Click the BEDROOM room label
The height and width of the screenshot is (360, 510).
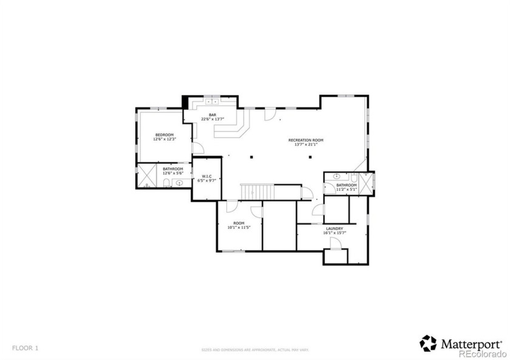[164, 135]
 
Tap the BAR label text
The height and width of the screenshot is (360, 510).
[212, 114]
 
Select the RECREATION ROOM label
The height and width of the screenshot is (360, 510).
[305, 140]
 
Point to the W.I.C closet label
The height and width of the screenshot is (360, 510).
[206, 176]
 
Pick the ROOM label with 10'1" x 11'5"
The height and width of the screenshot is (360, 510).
[239, 223]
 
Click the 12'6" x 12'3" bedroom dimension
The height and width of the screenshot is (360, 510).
[164, 140]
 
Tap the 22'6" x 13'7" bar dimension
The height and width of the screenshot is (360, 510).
[212, 119]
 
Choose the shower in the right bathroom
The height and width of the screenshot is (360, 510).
[367, 183]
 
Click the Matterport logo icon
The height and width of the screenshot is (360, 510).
[428, 343]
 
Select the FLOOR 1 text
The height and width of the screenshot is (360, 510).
[25, 348]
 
